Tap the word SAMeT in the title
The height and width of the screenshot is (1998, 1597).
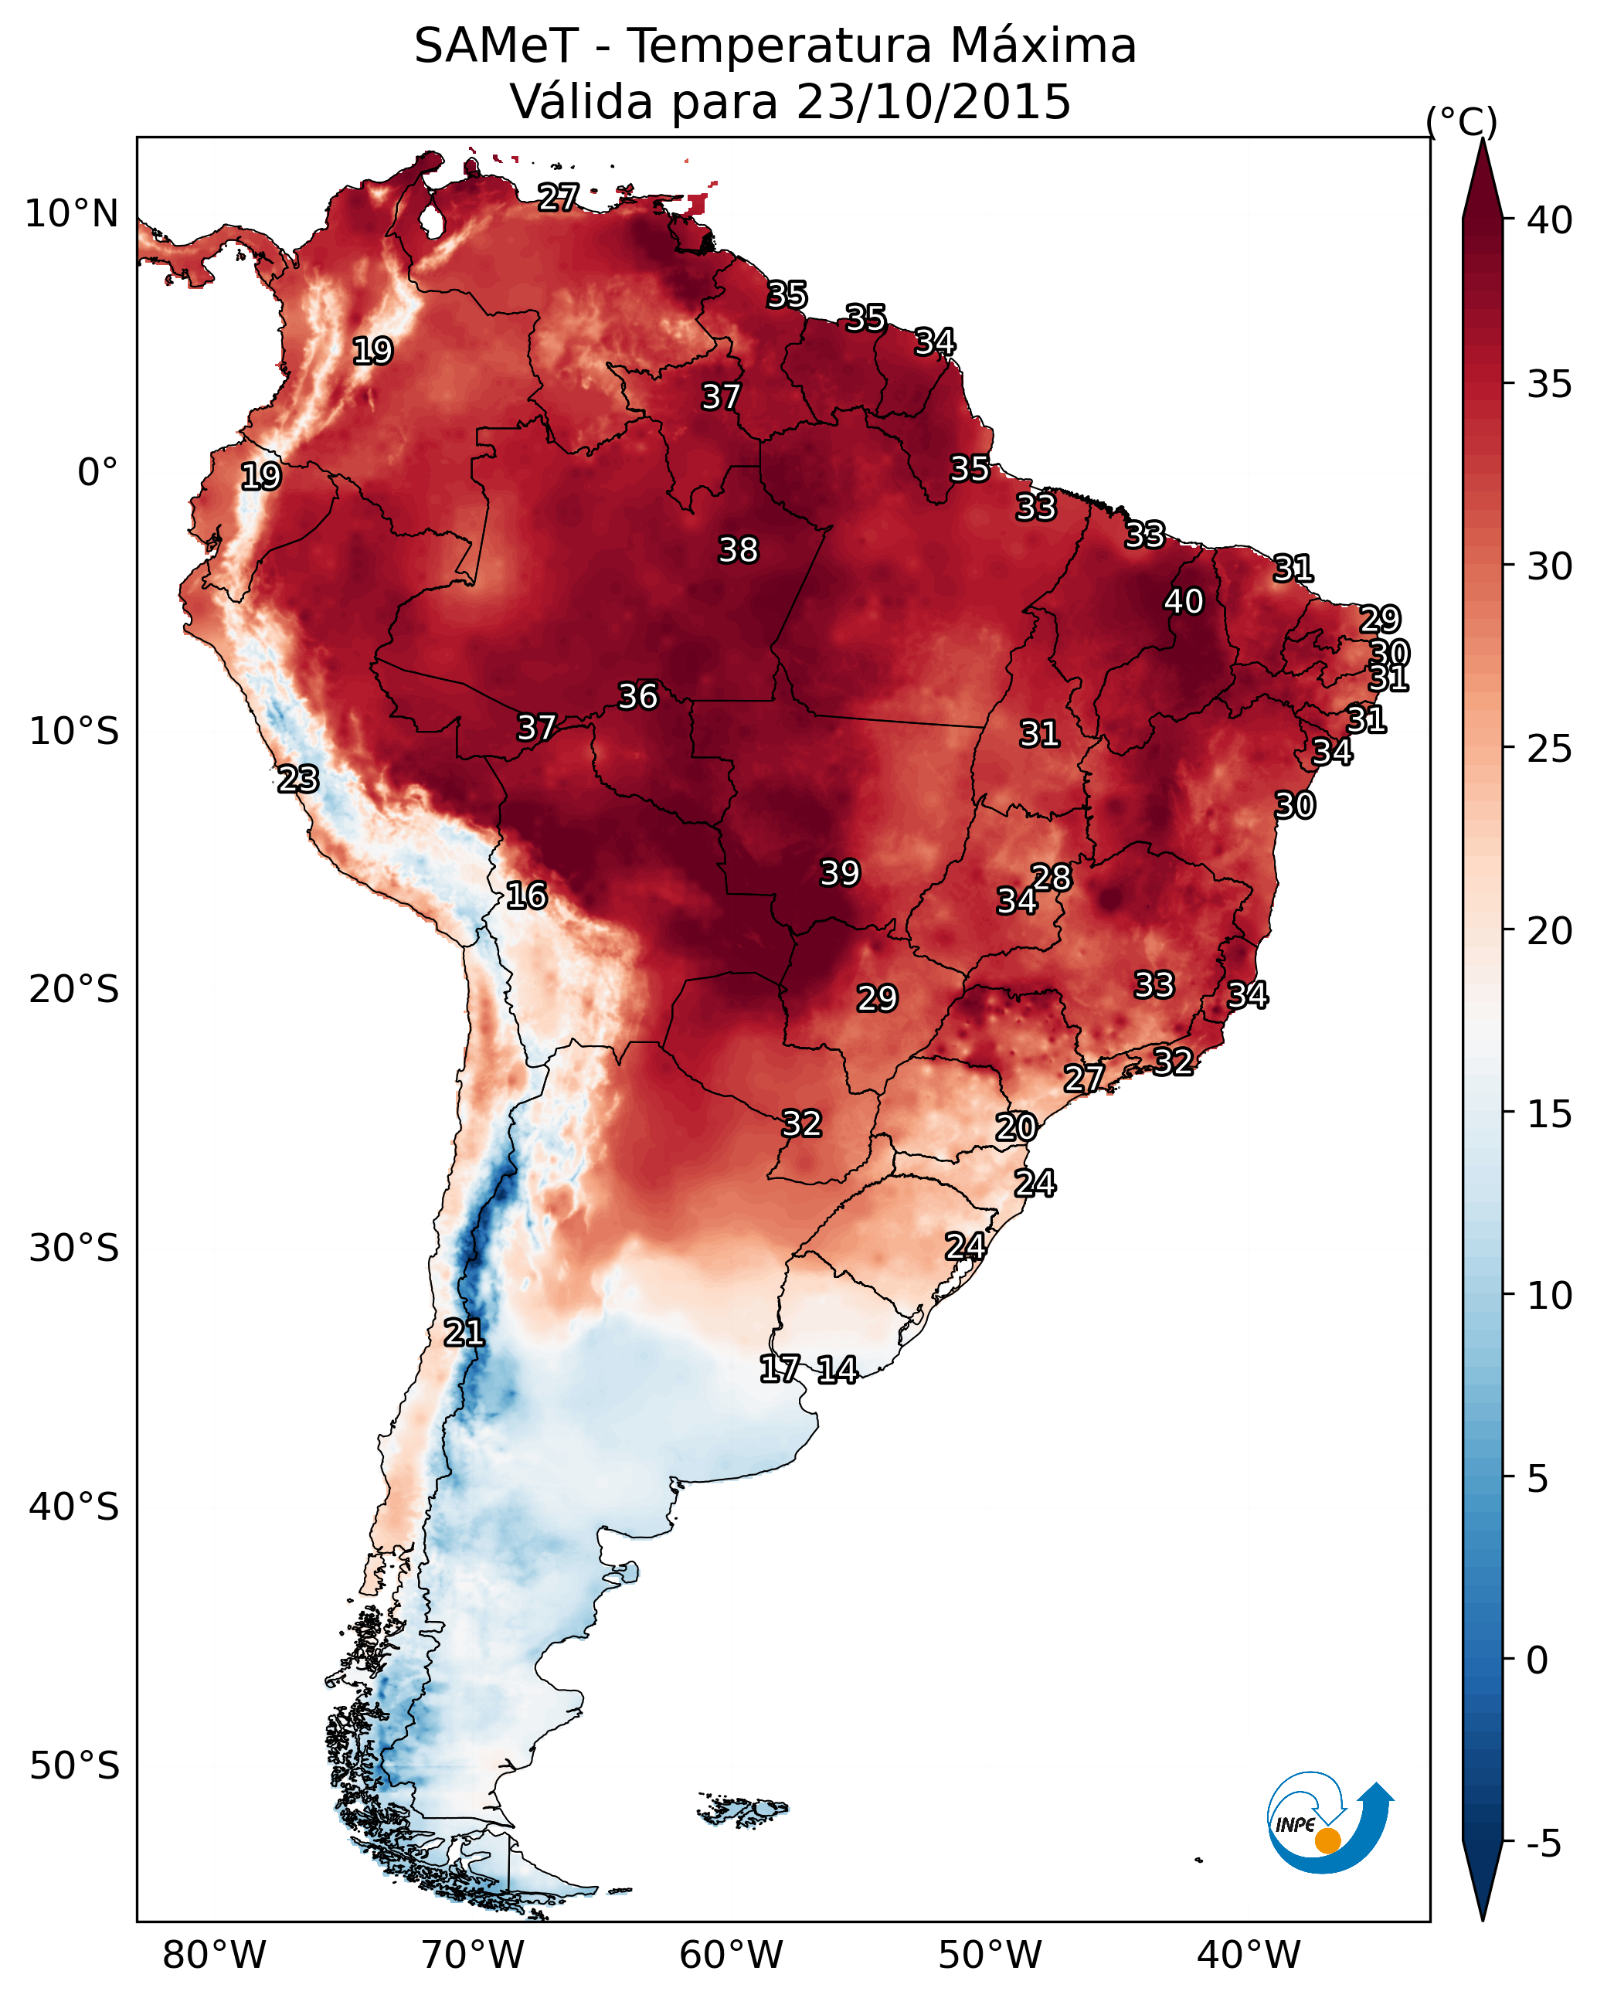[496, 46]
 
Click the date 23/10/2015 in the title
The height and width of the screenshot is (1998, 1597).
[933, 102]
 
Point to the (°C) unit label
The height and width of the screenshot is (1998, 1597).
[1461, 121]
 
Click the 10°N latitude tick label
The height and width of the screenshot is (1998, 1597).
[71, 214]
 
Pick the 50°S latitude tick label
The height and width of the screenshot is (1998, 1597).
[73, 1766]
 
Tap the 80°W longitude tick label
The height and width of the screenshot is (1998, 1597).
[214, 1955]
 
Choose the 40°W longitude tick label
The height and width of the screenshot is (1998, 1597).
[1249, 1955]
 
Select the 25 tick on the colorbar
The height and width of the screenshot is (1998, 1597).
[1550, 749]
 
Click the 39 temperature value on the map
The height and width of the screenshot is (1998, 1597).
[840, 873]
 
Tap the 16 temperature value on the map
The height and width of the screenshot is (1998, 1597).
[526, 896]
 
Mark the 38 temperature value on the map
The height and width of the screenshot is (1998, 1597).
[738, 550]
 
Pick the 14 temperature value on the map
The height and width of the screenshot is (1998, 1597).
[837, 1370]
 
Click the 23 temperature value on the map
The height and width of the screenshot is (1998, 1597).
[297, 780]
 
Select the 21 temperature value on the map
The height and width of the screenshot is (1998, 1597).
[464, 1333]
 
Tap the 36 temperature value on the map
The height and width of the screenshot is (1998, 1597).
[637, 696]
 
